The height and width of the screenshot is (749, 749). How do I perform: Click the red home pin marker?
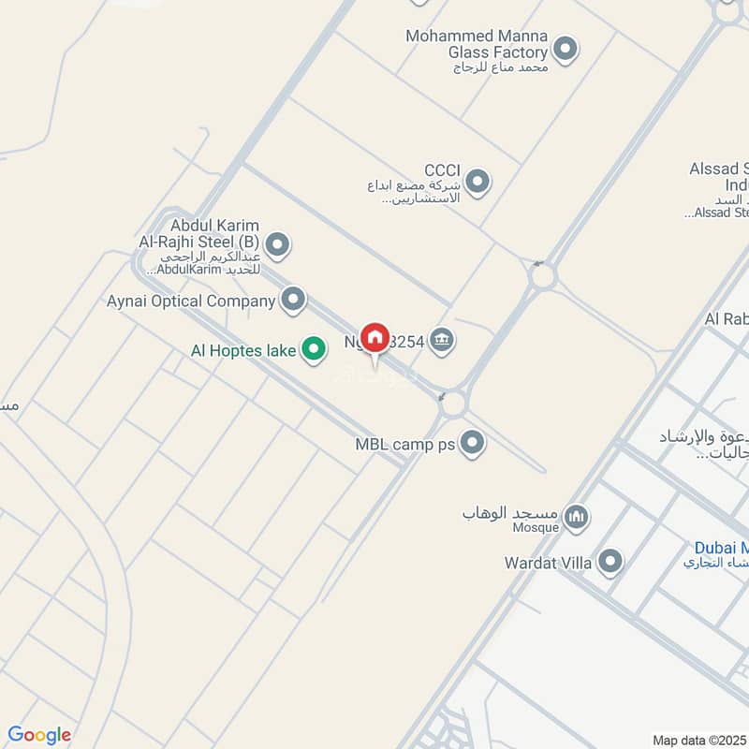375,337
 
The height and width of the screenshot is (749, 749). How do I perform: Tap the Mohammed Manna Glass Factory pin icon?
565,48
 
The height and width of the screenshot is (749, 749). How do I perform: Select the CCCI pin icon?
477,181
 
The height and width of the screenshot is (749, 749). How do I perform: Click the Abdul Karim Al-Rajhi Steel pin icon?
277,246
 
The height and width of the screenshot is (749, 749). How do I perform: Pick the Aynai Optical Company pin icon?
294,300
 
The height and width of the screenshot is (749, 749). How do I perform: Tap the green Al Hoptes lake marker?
313,350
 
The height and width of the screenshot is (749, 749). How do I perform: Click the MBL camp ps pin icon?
473,443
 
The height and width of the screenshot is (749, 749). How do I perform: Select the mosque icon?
578,516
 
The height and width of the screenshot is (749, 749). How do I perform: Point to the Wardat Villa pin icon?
610,563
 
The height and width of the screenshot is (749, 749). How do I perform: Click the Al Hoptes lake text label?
242,350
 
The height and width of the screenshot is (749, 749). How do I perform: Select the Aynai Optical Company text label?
191,301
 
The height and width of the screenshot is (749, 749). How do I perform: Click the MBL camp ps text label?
405,445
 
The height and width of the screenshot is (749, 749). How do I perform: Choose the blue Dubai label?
721,548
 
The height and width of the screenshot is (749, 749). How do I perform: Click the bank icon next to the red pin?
444,343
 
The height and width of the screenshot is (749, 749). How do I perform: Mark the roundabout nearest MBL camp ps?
453,403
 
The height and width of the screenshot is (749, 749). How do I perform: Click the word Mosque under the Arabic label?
536,527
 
